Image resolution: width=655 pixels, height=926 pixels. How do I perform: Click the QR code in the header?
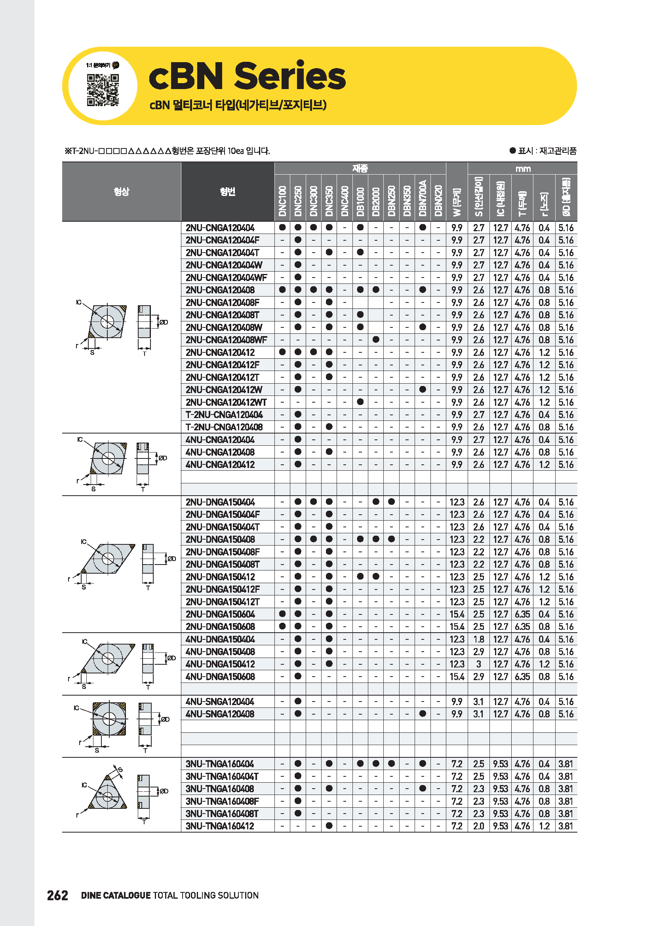(x=103, y=90)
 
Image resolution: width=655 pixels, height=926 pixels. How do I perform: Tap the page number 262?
(x=58, y=896)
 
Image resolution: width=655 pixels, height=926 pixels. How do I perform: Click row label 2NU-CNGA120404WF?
(x=226, y=278)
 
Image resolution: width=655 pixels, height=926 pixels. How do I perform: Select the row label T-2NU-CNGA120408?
(x=224, y=427)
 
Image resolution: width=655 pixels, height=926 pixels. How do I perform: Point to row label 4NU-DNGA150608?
(x=220, y=676)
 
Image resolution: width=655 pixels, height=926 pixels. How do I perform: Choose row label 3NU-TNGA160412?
(x=220, y=826)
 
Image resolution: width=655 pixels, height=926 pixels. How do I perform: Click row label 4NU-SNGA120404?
(x=220, y=702)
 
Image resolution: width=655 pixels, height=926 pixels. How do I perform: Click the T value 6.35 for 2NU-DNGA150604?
(x=522, y=614)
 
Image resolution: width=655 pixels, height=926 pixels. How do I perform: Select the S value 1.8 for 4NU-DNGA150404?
(x=479, y=639)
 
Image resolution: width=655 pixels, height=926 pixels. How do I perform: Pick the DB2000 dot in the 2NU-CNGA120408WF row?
(x=376, y=340)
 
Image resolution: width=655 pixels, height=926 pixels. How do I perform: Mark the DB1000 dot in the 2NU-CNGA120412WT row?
(x=360, y=402)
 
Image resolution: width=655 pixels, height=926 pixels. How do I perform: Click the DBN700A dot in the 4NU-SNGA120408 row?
(x=423, y=713)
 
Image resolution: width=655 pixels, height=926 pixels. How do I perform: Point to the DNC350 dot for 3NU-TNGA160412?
(x=329, y=825)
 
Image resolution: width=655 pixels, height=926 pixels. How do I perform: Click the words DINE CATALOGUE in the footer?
(x=116, y=896)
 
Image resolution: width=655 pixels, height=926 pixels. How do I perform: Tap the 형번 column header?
(x=227, y=192)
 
